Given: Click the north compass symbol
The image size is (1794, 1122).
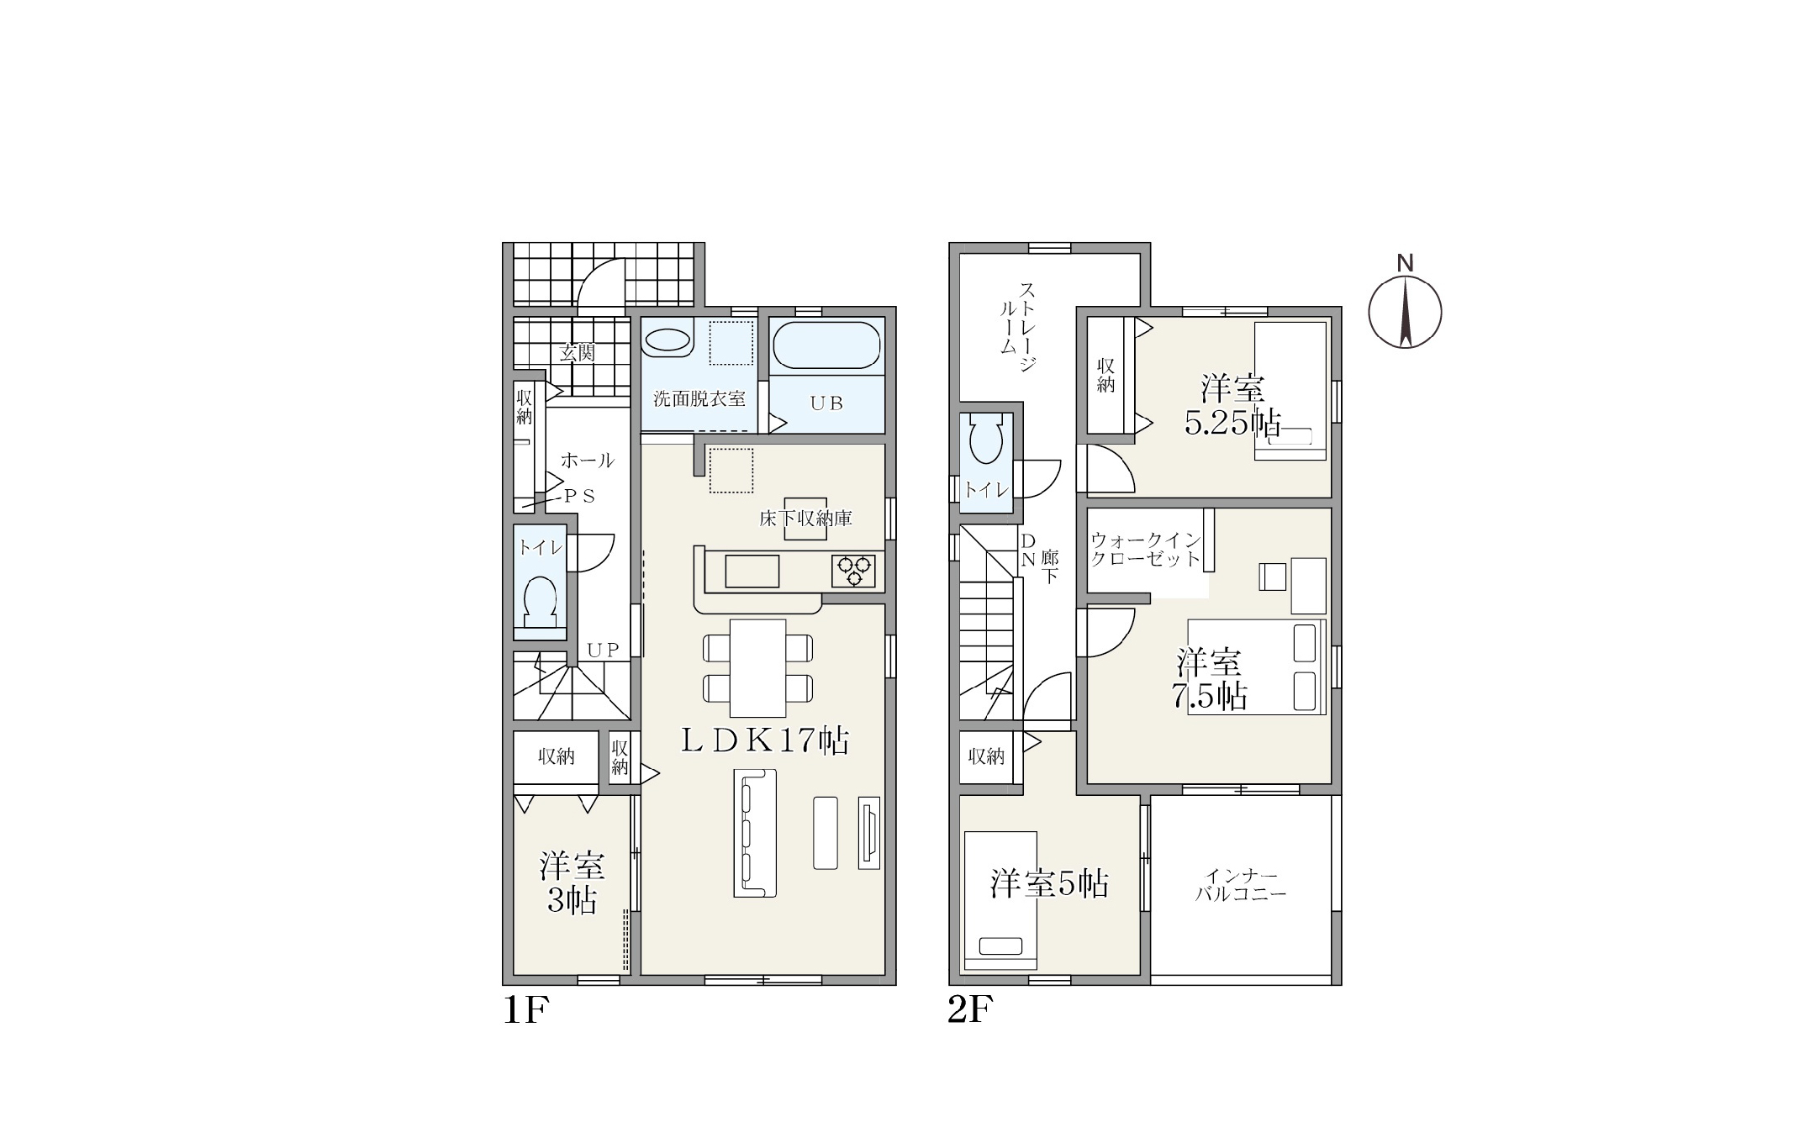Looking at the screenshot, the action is click(1405, 311).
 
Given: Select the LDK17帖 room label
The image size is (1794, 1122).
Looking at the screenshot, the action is click(764, 740).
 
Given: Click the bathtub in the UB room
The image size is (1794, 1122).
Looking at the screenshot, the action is click(826, 345).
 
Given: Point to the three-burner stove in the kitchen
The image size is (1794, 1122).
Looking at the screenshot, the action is click(854, 571).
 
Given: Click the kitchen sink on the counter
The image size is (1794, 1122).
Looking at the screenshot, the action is click(752, 571).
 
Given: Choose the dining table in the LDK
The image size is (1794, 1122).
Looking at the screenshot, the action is click(757, 667).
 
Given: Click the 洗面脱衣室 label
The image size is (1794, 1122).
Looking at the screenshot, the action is click(699, 398).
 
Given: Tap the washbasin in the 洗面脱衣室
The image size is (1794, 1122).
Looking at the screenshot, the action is click(668, 340).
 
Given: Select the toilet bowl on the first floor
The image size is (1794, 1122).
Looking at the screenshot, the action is click(540, 602).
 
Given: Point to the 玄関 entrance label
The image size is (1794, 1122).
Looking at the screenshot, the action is click(577, 352).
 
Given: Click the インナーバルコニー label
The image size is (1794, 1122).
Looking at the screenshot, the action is click(1241, 884).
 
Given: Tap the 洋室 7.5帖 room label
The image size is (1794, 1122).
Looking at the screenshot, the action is click(1209, 679).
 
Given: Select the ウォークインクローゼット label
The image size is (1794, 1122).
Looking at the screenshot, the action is click(1145, 550).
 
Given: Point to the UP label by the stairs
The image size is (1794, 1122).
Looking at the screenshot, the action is click(603, 650).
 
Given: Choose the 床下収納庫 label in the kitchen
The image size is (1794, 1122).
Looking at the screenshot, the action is click(805, 519).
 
